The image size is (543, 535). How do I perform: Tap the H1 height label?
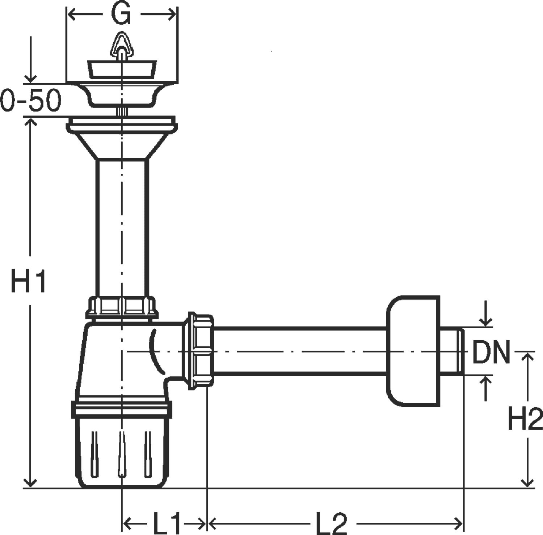29,281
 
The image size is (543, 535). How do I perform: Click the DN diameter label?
491,352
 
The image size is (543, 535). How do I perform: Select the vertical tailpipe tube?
122,228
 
